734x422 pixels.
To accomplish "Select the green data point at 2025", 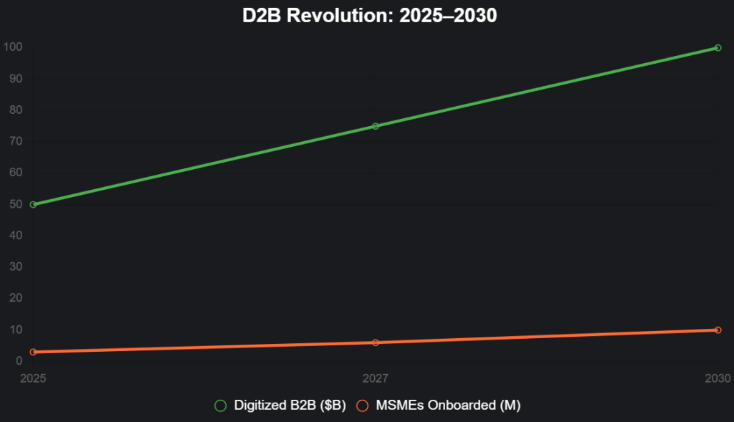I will (33, 204).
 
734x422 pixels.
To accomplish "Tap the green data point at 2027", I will (376, 126).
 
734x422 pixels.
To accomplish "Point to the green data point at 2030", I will (718, 48).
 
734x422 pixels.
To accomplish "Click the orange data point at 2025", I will (33, 352).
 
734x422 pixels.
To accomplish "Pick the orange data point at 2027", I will (376, 342).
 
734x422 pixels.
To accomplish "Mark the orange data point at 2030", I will (718, 330).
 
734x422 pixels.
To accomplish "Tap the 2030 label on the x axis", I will (718, 378).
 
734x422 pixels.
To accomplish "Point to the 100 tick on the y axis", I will (13, 47).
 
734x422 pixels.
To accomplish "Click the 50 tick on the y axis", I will (16, 204).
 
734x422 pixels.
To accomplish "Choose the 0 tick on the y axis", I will (19, 361).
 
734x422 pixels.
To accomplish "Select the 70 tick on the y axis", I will (16, 141).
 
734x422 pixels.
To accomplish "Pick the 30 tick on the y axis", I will (16, 267).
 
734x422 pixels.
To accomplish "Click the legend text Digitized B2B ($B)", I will (290, 406).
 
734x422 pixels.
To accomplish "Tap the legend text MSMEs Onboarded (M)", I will (448, 406).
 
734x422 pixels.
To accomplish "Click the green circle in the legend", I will (221, 406).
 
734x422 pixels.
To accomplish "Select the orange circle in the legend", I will (363, 406).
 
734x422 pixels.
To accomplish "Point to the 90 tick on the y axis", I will (16, 79).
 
